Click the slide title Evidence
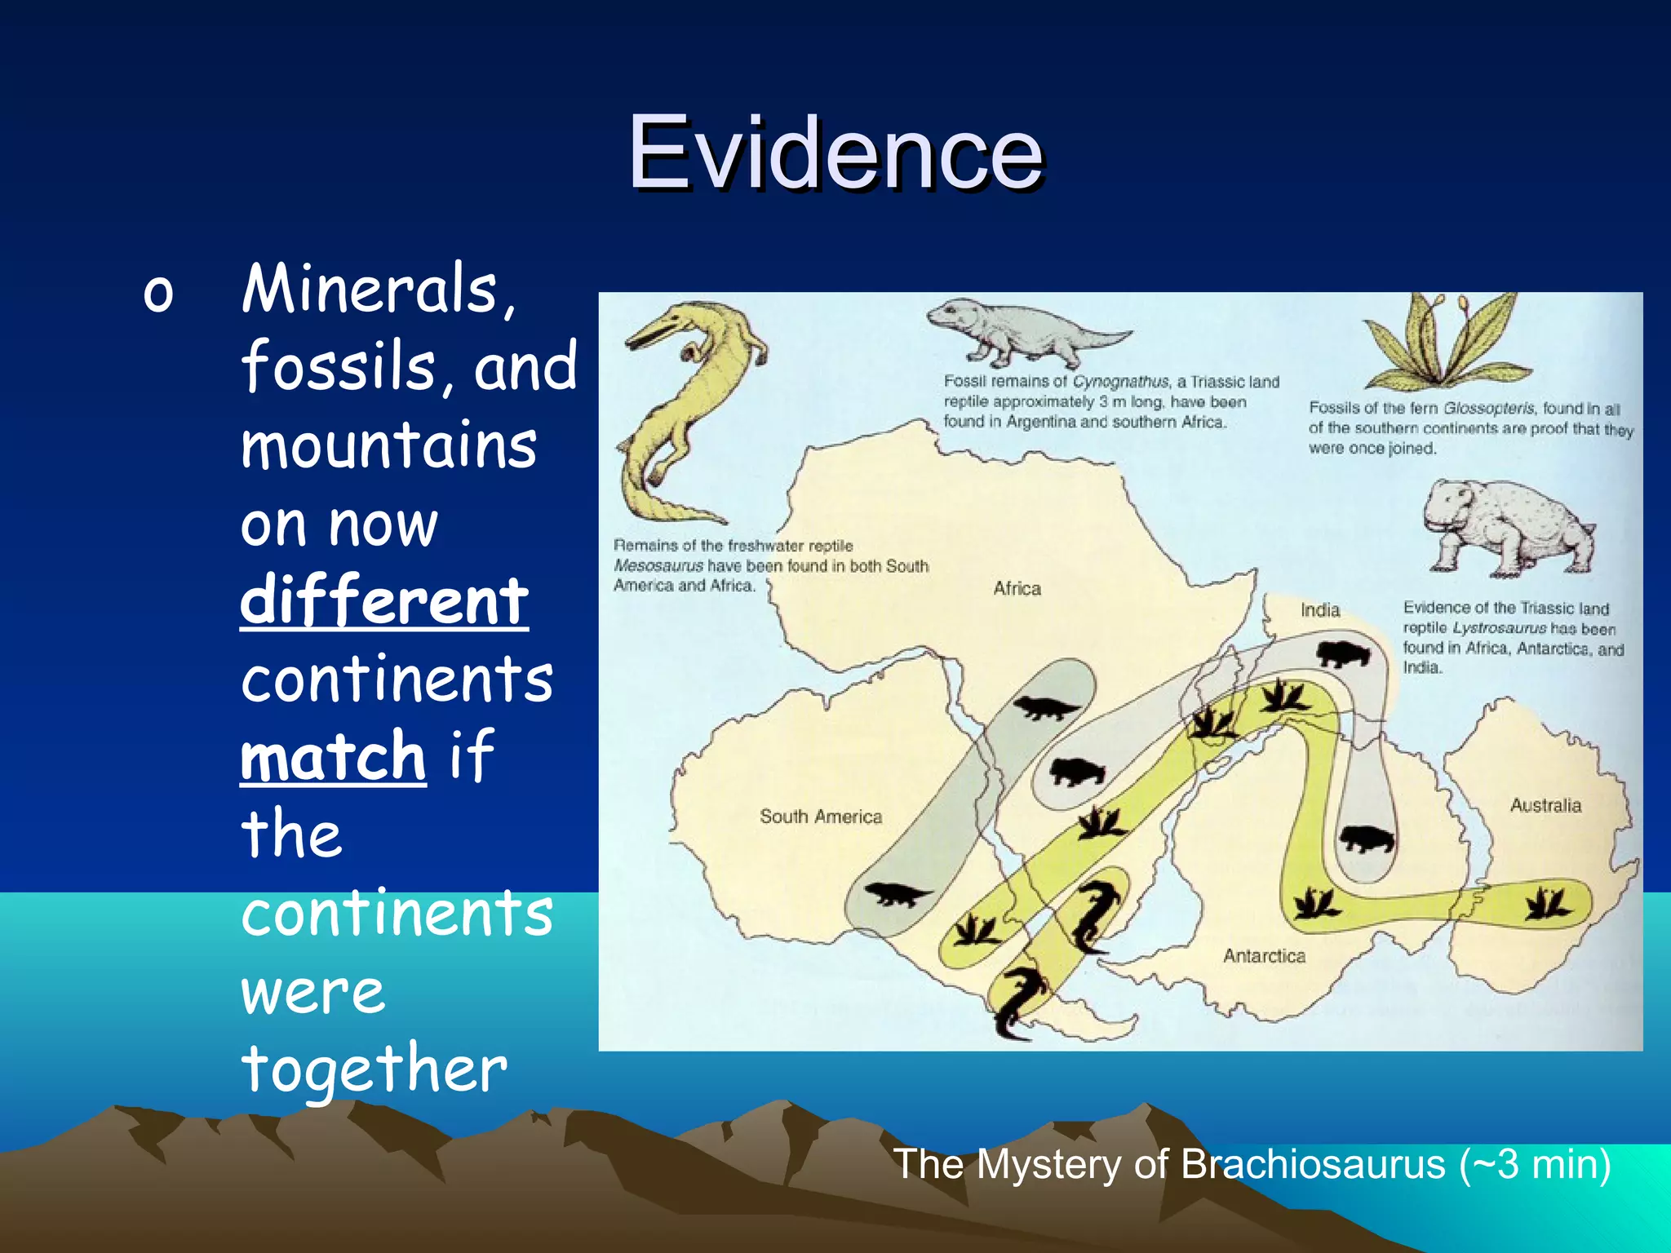pyautogui.click(x=835, y=153)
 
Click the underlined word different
pyautogui.click(x=384, y=601)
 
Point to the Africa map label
pyautogui.click(x=1017, y=588)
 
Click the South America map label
pyautogui.click(x=820, y=817)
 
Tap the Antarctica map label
pyautogui.click(x=1264, y=955)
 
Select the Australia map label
pyautogui.click(x=1545, y=805)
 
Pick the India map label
pyautogui.click(x=1319, y=610)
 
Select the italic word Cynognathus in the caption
pyautogui.click(x=1120, y=382)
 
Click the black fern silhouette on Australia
pyautogui.click(x=1547, y=903)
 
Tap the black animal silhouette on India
pyautogui.click(x=1341, y=653)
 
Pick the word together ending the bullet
pyautogui.click(x=375, y=1069)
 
